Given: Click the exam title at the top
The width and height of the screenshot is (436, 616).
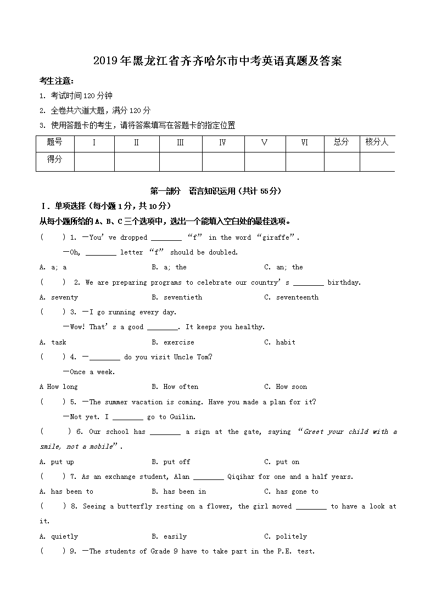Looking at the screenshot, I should [217, 61].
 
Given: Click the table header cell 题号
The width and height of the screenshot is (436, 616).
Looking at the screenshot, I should [55, 142].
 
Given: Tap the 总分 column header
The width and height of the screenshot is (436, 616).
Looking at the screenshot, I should [341, 142].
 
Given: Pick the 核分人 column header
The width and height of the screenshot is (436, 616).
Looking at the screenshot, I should [377, 142].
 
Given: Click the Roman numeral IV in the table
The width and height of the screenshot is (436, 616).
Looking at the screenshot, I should [222, 143].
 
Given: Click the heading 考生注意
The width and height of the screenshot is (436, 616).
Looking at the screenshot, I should [57, 81].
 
